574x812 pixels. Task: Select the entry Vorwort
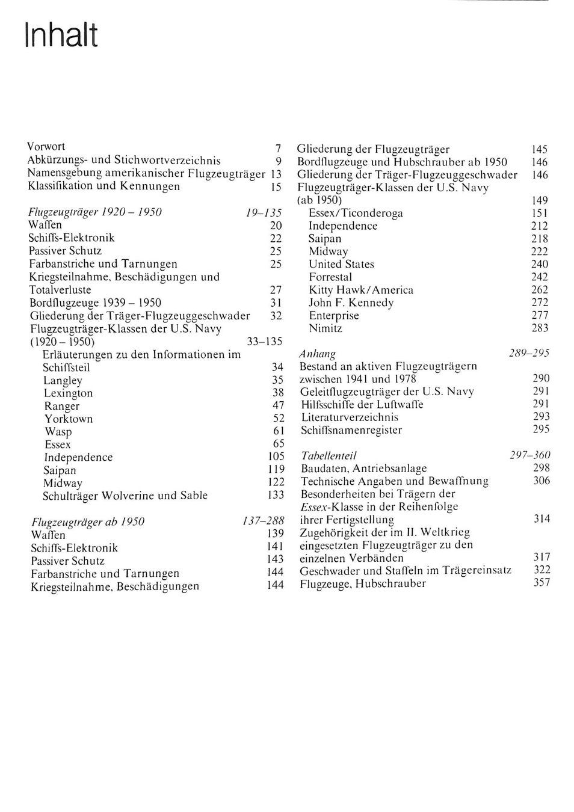(46, 147)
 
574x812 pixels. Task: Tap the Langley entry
(63, 381)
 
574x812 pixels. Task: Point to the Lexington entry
(68, 393)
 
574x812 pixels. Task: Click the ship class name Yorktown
(69, 419)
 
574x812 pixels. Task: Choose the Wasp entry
(58, 432)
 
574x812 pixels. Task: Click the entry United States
(341, 264)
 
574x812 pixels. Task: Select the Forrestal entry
(330, 277)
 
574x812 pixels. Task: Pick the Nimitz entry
(326, 328)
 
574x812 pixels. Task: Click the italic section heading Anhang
(317, 354)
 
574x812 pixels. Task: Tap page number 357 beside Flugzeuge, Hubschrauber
(542, 582)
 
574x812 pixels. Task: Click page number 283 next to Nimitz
(540, 328)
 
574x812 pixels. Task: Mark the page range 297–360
(530, 455)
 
